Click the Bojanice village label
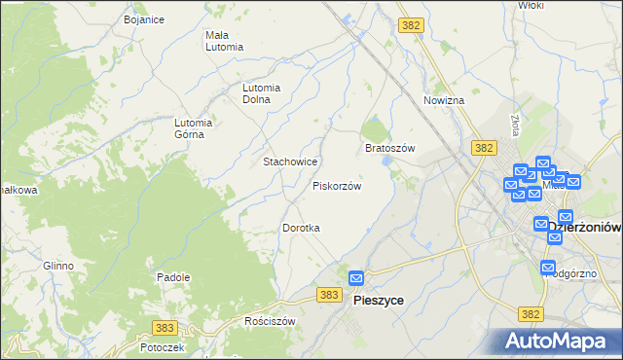tap(143, 19)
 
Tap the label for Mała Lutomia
tap(224, 41)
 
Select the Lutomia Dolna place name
tap(262, 92)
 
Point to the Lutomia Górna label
tap(194, 128)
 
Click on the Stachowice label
tap(286, 161)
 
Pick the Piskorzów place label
tap(337, 185)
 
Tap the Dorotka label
tap(301, 228)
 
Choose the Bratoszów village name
tap(389, 148)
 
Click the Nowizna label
tap(444, 100)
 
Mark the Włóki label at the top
tap(531, 5)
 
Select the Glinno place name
tap(57, 266)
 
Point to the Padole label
tap(172, 277)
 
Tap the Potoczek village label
tap(162, 346)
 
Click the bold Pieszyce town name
tap(377, 301)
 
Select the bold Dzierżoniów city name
tap(584, 227)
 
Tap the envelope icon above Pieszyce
tap(357, 278)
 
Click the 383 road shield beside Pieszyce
tap(330, 294)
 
